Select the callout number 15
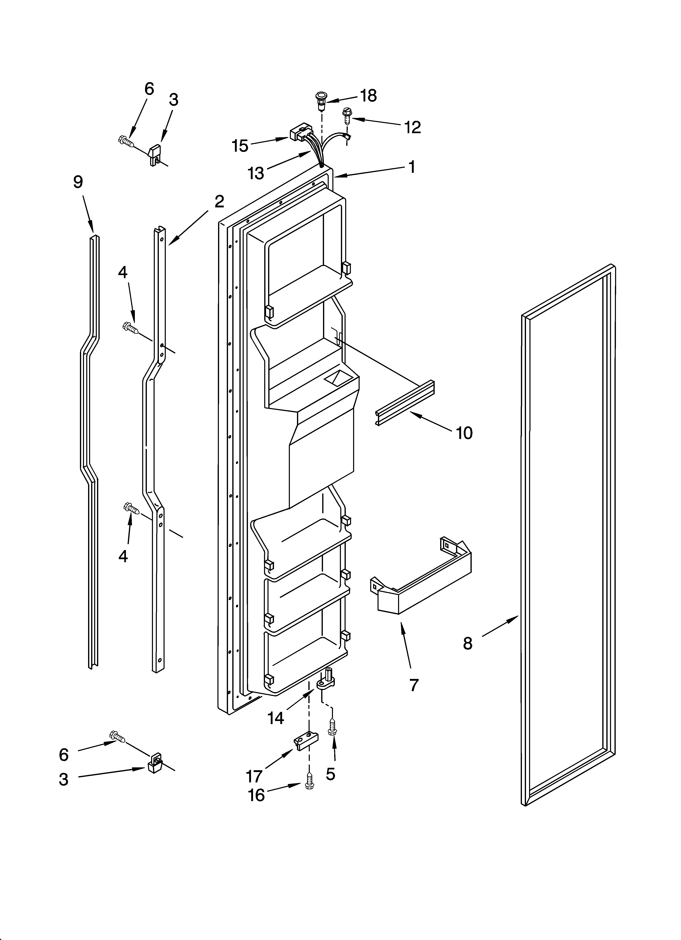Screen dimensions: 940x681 click(240, 146)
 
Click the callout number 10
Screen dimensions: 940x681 click(464, 433)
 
